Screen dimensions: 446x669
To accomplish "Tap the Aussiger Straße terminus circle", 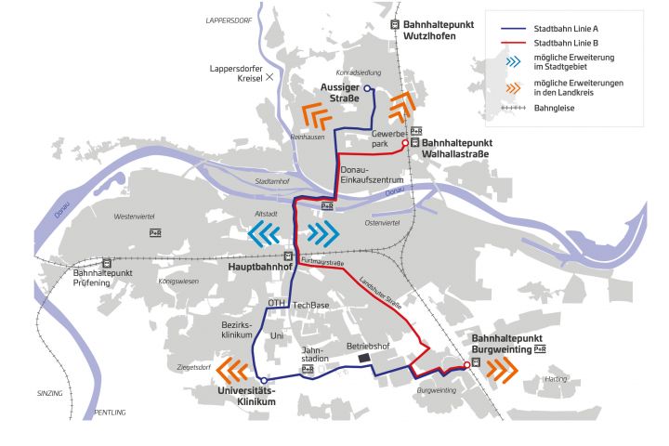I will (x=367, y=88).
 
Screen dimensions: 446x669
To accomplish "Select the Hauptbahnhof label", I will (x=255, y=267).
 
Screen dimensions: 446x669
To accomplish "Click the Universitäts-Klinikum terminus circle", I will (x=264, y=380).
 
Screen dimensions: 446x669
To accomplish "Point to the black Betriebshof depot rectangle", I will (x=363, y=357).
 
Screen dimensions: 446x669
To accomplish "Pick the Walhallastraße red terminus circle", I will (x=405, y=143).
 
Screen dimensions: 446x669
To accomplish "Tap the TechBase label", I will (x=311, y=305).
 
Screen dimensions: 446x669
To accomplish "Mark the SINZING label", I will (x=49, y=394).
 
